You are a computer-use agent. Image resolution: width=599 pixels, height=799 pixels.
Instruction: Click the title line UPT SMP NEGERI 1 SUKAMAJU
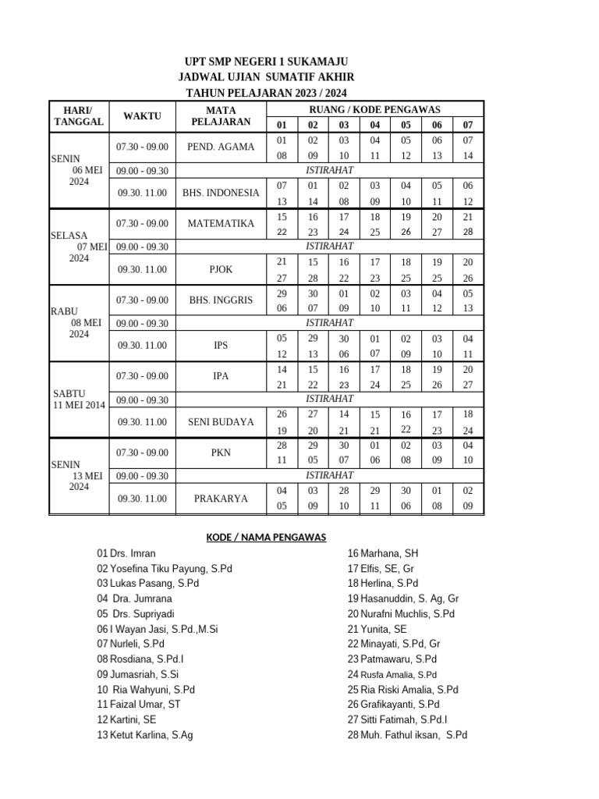tap(266, 62)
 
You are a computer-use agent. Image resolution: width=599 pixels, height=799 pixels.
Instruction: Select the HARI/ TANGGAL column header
tap(78, 116)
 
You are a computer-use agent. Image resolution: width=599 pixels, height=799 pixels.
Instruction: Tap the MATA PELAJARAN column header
tap(221, 116)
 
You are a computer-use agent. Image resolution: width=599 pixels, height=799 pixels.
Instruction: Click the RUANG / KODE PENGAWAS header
tap(375, 109)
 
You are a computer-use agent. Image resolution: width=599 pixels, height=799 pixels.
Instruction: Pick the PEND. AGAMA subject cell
tap(221, 147)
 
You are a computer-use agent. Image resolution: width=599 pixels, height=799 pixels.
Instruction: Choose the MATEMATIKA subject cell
tap(221, 224)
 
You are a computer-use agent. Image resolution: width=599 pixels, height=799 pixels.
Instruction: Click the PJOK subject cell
tap(221, 270)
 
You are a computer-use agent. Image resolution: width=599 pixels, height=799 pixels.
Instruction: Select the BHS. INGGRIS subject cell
tap(221, 300)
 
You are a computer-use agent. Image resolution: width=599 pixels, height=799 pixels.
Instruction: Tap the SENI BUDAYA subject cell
tap(221, 422)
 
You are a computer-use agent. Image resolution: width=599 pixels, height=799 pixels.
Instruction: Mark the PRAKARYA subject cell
tap(221, 498)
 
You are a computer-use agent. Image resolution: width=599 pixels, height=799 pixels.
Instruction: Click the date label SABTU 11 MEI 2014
tap(78, 399)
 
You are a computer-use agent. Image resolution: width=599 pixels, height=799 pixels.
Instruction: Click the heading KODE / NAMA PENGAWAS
tap(265, 537)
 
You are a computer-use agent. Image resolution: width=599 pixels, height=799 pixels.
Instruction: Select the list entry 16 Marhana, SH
tap(384, 553)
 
